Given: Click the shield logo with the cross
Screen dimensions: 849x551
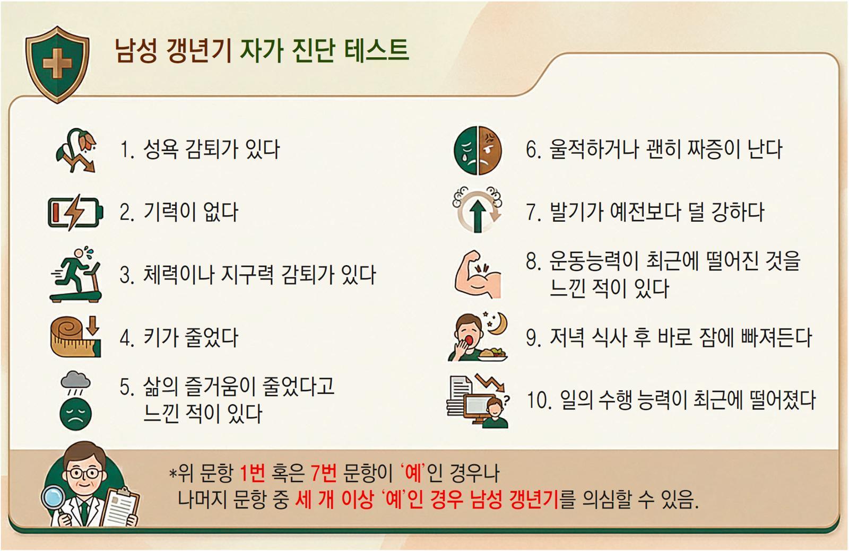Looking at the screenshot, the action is [x=58, y=64].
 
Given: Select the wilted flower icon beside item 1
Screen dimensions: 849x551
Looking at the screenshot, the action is [x=76, y=150].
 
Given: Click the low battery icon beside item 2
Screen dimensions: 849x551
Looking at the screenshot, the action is [x=75, y=212].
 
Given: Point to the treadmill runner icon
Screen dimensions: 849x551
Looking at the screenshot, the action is [x=76, y=274].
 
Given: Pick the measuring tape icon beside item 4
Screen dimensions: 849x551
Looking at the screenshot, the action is [x=76, y=337].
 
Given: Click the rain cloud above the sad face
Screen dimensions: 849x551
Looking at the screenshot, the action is [x=76, y=382].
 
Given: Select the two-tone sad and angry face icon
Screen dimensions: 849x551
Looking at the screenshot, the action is [x=478, y=150].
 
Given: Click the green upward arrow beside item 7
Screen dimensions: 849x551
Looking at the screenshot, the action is [x=478, y=216].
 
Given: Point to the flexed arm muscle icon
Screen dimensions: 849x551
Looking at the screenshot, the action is [x=478, y=274].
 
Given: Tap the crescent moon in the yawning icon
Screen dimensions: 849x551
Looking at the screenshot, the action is [x=498, y=324].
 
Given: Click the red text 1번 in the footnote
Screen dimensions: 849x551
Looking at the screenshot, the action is [x=253, y=473].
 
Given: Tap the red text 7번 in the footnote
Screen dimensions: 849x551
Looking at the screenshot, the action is [x=323, y=473].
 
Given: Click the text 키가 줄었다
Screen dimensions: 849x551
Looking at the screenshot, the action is [x=190, y=337].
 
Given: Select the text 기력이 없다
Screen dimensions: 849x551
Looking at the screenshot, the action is [x=190, y=212].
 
